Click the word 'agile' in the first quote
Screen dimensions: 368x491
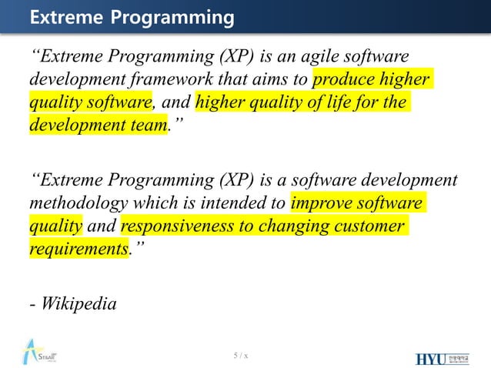(324, 57)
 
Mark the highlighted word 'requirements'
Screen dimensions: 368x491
(78, 249)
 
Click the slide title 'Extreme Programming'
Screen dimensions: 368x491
(132, 16)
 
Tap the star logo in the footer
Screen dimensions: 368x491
(35, 353)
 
